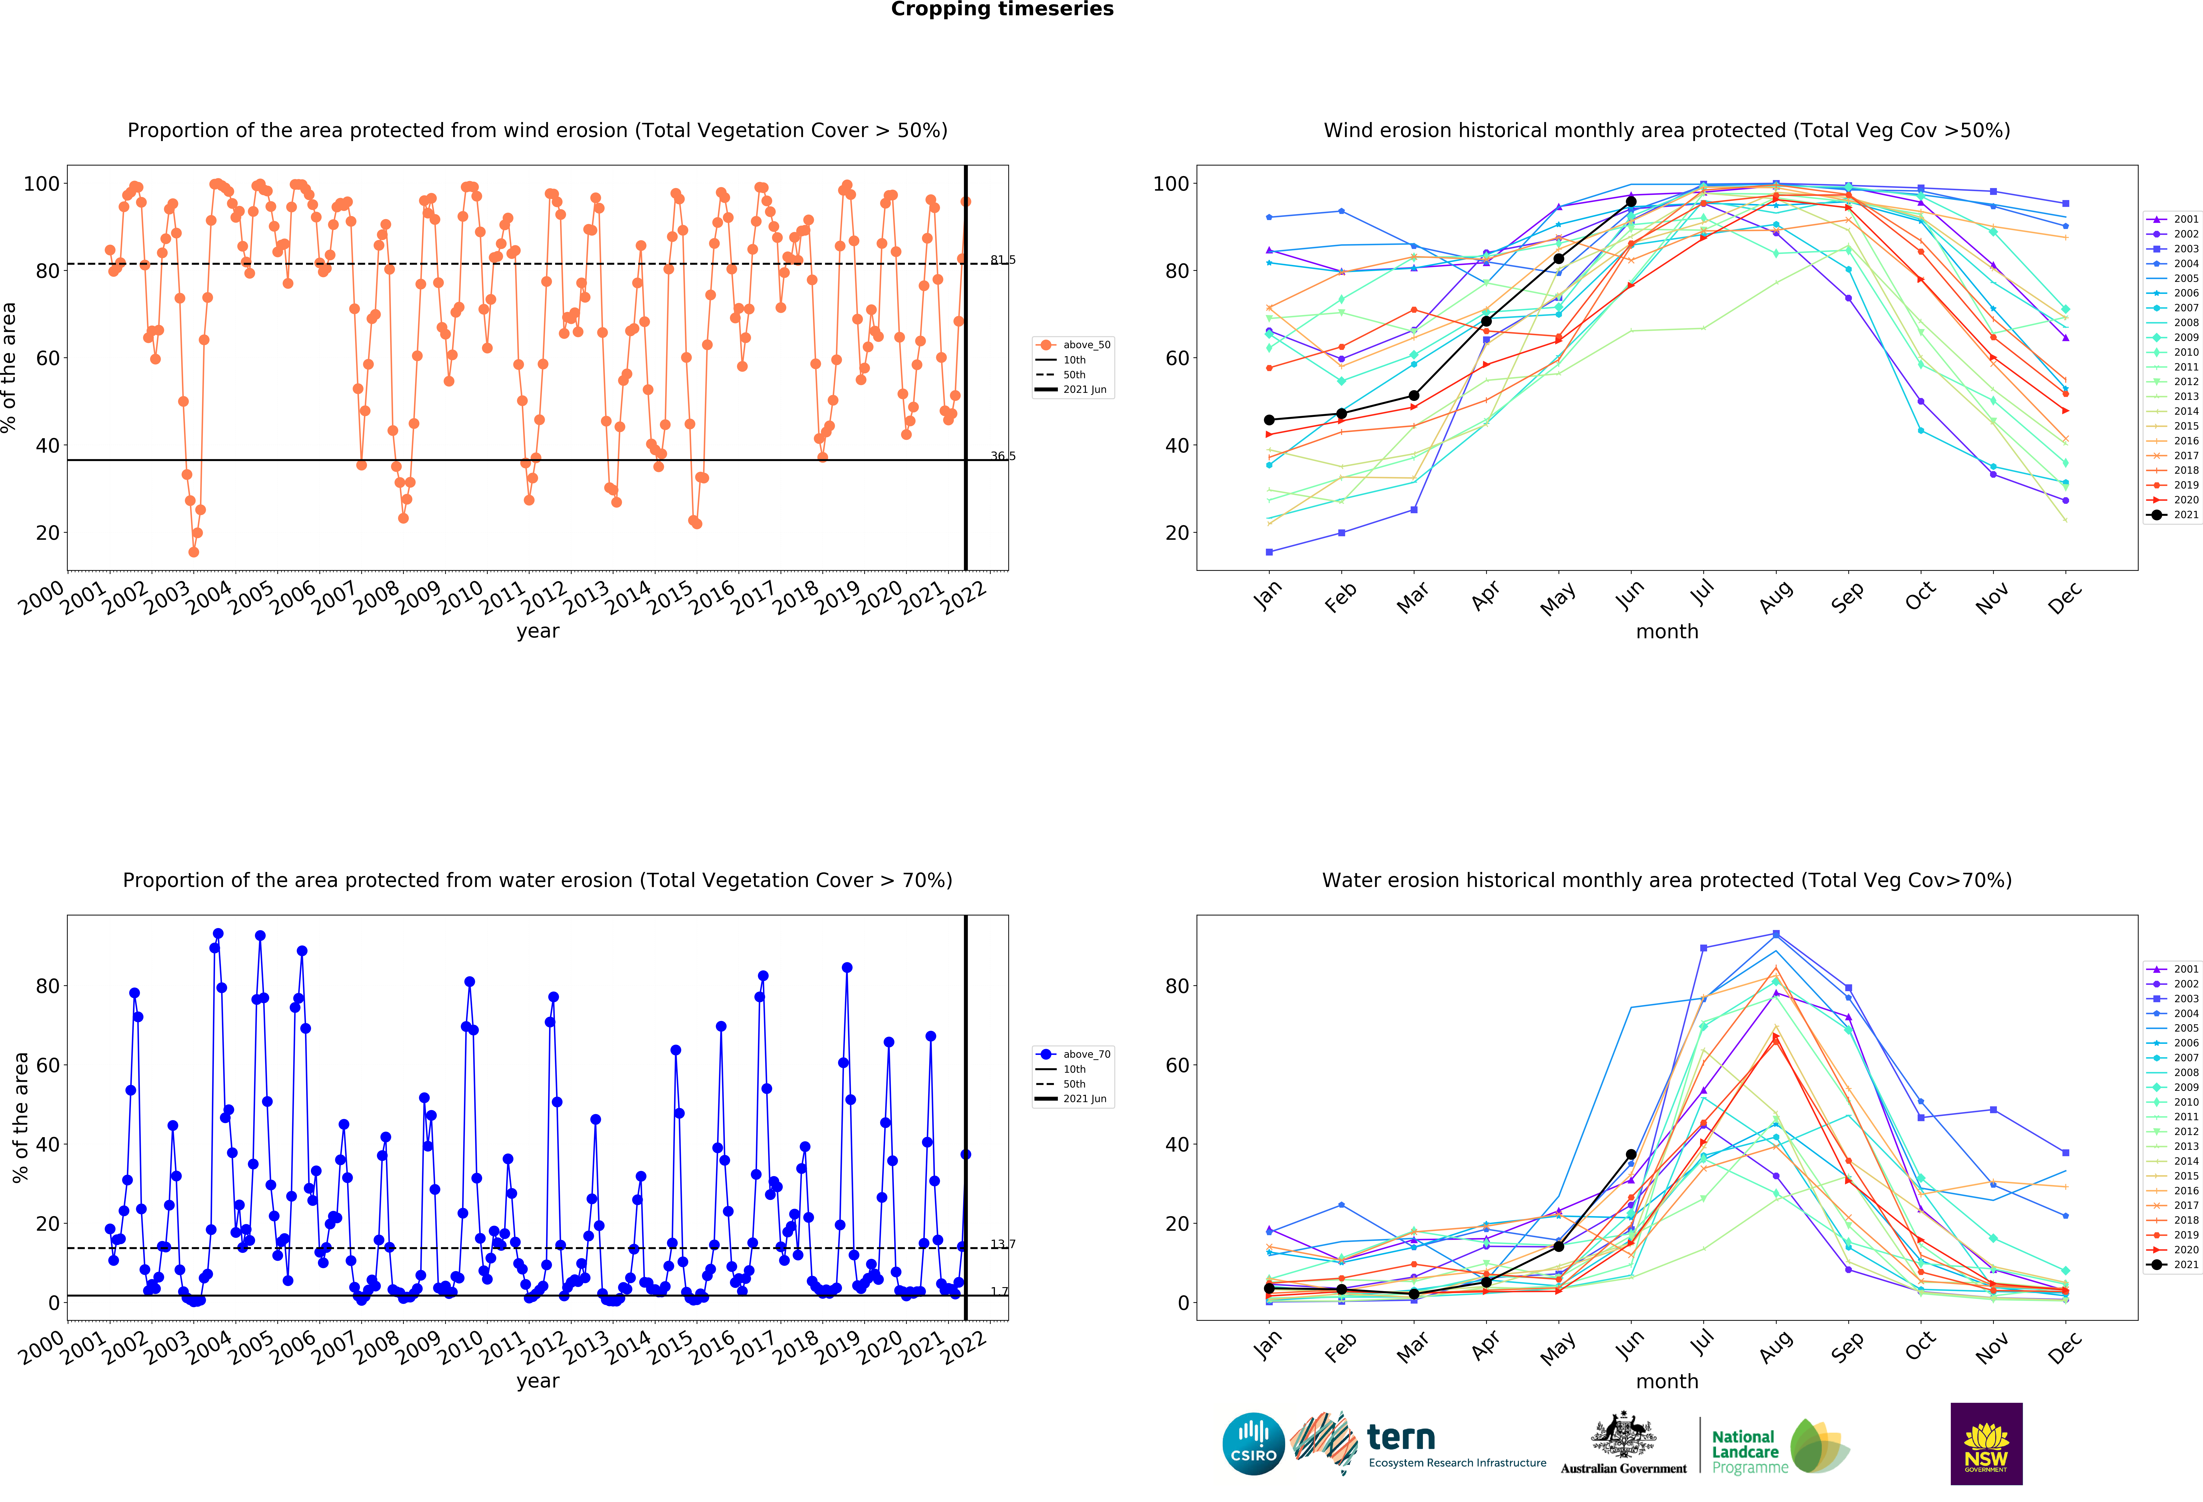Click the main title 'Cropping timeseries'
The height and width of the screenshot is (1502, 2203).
point(1002,9)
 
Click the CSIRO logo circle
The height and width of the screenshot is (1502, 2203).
point(1253,1444)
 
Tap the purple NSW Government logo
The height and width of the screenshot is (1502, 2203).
point(1986,1443)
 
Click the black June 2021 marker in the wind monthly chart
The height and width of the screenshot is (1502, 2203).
point(1630,202)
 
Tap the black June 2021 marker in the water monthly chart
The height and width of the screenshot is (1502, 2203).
point(1630,1155)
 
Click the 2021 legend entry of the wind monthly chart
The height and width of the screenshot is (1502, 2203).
point(2172,515)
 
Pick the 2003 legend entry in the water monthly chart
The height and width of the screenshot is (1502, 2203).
point(2172,998)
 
